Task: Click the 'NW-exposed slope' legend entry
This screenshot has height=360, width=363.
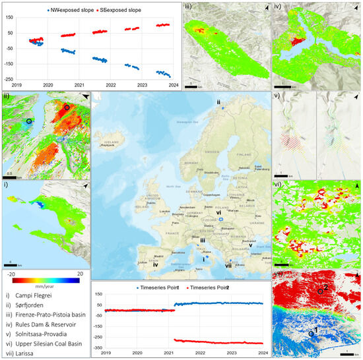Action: (x=66, y=11)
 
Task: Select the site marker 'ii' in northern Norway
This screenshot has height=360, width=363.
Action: (x=220, y=102)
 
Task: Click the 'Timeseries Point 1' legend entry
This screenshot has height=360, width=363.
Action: (x=156, y=287)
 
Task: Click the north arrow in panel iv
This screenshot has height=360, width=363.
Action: (x=355, y=8)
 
